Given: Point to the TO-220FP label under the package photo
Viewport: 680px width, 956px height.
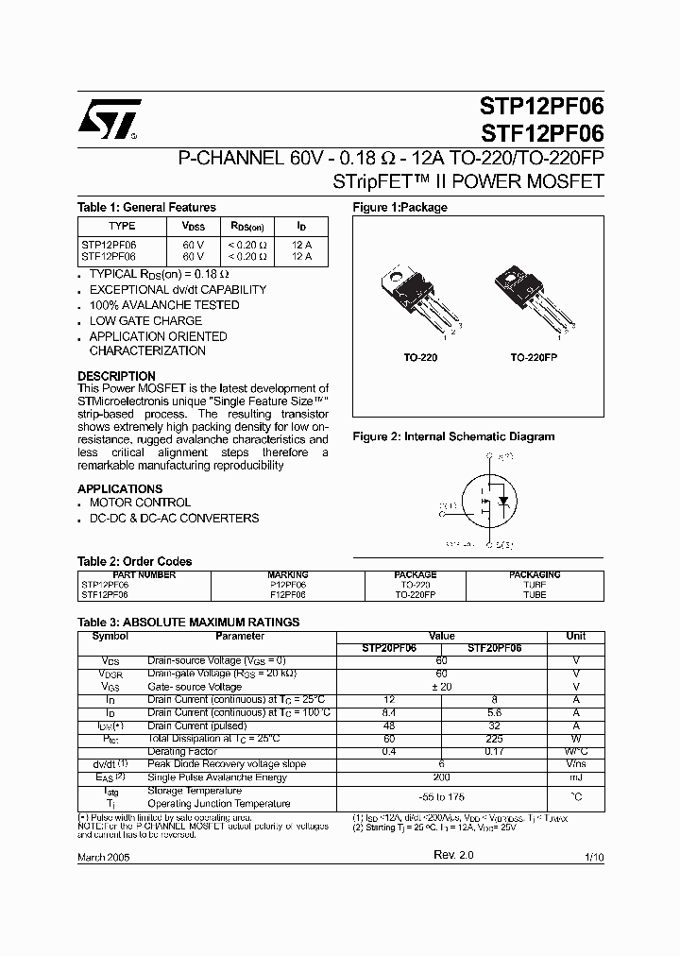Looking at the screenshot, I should (x=535, y=359).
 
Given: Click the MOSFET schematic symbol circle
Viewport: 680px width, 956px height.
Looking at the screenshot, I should (x=489, y=501).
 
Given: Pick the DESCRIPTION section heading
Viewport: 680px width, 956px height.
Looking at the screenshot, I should (x=116, y=376).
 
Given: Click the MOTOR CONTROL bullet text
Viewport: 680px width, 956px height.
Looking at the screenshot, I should (x=140, y=504).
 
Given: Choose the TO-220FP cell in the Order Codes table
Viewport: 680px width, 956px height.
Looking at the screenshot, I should (x=415, y=596).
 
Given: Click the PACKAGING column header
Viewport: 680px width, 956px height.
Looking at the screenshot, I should (x=535, y=574).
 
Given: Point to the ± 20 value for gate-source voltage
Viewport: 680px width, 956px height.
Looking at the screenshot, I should (x=441, y=687).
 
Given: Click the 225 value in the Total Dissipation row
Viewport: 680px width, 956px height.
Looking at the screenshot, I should (x=495, y=739).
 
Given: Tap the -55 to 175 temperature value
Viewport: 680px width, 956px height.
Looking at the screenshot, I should (x=441, y=797).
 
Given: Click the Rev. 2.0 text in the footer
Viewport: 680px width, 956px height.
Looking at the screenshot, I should (x=453, y=854).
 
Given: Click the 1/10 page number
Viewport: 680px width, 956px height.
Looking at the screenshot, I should (x=593, y=856).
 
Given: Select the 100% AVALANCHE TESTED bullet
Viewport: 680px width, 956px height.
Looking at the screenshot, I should (x=163, y=305).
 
